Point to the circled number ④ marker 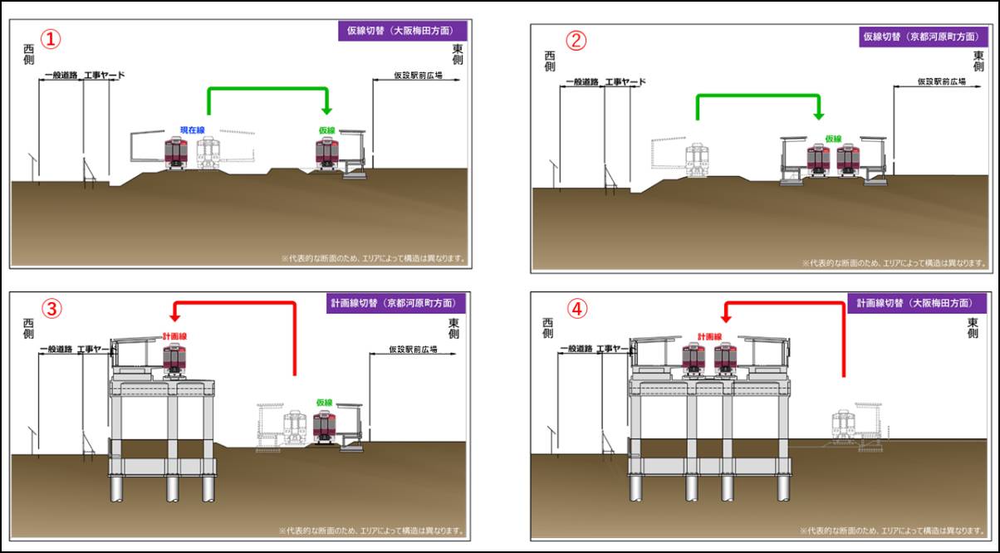click(x=576, y=309)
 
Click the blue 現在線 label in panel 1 click(x=193, y=130)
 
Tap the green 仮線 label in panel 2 click(x=833, y=139)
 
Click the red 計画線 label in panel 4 click(x=709, y=337)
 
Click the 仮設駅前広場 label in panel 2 click(x=941, y=81)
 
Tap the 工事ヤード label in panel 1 click(x=105, y=76)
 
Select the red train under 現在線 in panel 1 click(x=175, y=154)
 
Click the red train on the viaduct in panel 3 click(x=174, y=358)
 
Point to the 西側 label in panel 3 click(x=28, y=327)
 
